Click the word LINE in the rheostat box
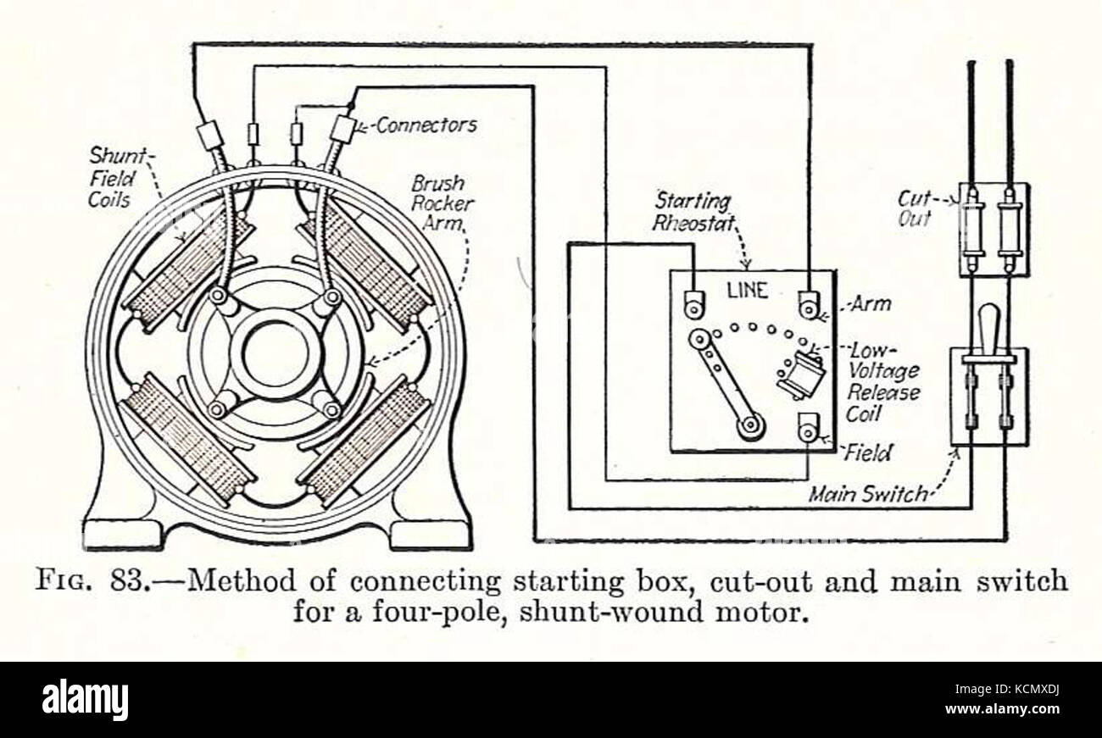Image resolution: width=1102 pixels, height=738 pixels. pyautogui.click(x=748, y=291)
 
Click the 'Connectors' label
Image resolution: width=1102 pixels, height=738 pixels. pyautogui.click(x=426, y=125)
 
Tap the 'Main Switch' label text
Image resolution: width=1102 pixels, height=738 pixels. pyautogui.click(x=868, y=494)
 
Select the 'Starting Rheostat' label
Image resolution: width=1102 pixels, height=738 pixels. pyautogui.click(x=694, y=212)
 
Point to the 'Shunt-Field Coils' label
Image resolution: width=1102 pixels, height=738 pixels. pyautogui.click(x=118, y=178)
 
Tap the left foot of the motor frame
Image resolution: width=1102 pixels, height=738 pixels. pyautogui.click(x=124, y=535)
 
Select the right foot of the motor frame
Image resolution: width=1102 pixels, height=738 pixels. pyautogui.click(x=431, y=535)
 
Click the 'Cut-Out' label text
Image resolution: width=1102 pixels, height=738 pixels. pyautogui.click(x=915, y=209)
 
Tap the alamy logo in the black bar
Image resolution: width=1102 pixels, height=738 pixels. pyautogui.click(x=85, y=699)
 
